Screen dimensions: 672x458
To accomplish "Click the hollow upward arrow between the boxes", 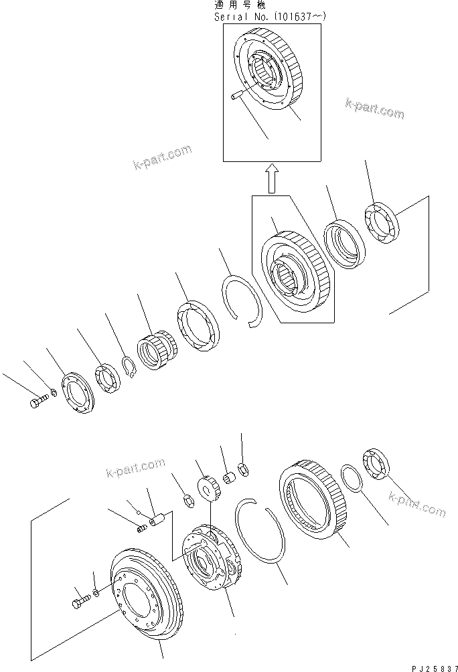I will click(271, 179).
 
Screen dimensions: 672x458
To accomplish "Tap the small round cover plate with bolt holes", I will click(78, 396).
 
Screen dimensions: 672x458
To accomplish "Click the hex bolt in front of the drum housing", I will click(77, 601).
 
